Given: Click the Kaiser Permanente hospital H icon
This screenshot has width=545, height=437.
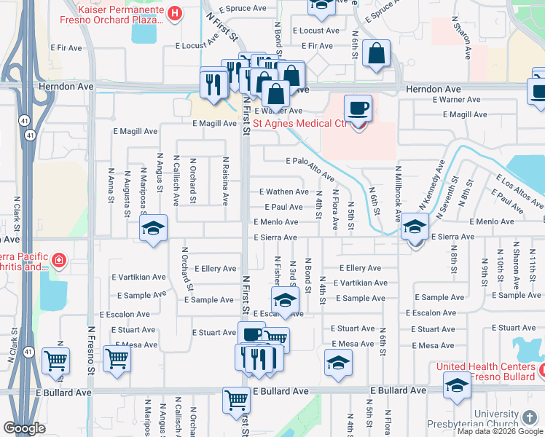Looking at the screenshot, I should coord(175,12).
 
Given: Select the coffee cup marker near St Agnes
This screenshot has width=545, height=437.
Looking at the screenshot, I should coord(358,109).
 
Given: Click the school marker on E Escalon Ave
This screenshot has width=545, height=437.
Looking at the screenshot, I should coord(285,300).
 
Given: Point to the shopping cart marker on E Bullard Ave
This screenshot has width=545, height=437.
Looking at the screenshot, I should coord(237,400).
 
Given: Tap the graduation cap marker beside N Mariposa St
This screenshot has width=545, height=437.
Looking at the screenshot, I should coord(153,229).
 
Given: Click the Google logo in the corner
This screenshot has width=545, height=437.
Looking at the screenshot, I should coord(24,428).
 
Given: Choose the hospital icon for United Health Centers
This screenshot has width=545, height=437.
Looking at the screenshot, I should coord(540,374).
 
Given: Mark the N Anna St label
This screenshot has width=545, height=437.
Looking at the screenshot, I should coord(111,188).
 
